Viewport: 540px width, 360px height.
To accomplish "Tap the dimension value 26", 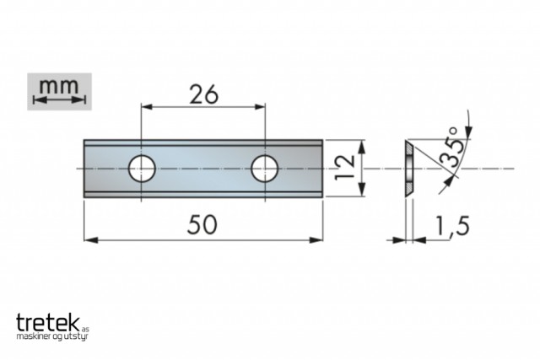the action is (x=203, y=94).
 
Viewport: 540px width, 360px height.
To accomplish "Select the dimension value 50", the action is (x=202, y=225).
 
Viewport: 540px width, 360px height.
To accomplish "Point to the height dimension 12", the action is (x=345, y=167).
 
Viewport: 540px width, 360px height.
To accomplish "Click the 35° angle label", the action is (x=450, y=148).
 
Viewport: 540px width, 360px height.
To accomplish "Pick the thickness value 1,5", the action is (x=452, y=226).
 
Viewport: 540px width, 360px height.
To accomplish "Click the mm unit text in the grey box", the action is (x=59, y=86).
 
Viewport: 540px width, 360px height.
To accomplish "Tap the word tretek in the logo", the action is (x=48, y=323).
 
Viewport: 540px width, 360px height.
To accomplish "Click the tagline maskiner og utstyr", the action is (x=52, y=336).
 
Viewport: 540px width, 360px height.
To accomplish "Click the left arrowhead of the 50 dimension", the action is (x=91, y=240).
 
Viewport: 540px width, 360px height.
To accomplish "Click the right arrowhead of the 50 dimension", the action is (x=316, y=240).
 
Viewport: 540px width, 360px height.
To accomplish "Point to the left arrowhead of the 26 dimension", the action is (x=147, y=107).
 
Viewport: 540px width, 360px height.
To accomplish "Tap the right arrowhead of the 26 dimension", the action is (x=259, y=107).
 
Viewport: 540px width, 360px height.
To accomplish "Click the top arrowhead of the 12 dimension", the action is (x=361, y=147).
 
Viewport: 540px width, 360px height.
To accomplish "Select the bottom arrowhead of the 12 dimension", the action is (x=361, y=190).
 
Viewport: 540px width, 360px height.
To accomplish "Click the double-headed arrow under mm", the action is (x=59, y=99).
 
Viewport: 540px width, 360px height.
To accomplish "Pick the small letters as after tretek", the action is (x=85, y=329).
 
